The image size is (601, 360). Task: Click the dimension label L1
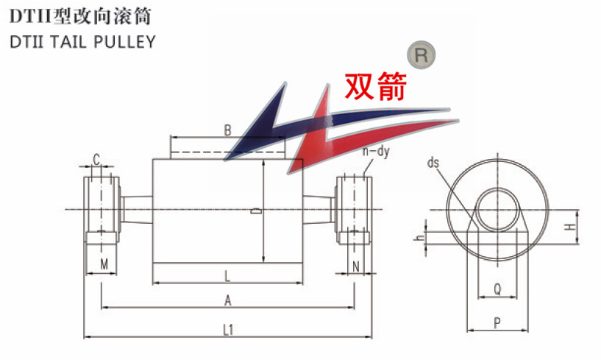[x=228, y=331]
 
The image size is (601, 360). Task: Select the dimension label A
[x=228, y=300]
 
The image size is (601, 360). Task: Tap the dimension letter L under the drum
[x=227, y=276]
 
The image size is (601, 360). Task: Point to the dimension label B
[x=228, y=130]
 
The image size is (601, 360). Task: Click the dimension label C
[x=96, y=158]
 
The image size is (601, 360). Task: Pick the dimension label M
[x=104, y=264]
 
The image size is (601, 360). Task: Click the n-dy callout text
[x=375, y=152]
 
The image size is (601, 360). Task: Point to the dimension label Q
[x=497, y=290]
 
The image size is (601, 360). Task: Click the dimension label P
[x=497, y=322]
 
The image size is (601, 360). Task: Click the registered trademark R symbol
[x=422, y=54]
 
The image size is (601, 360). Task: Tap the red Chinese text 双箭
[x=376, y=87]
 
